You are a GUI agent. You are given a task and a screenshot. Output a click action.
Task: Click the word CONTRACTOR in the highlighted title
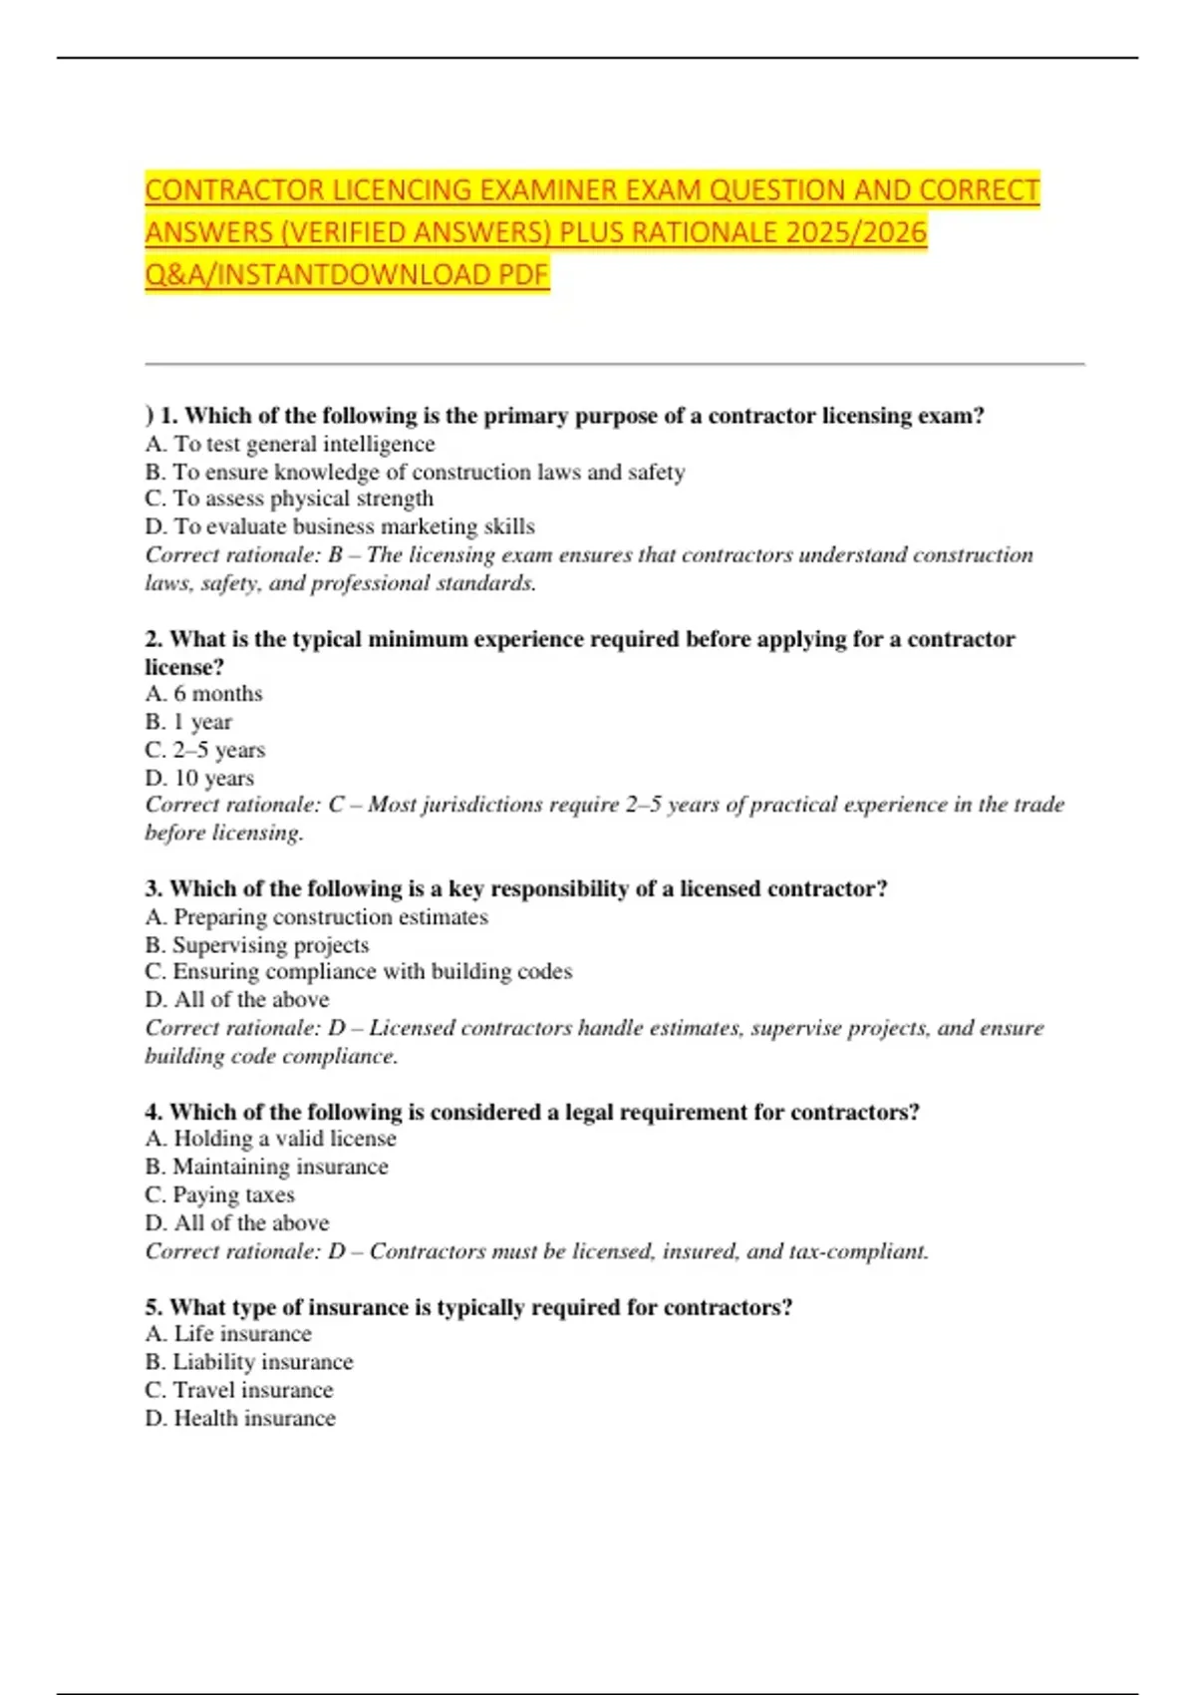tap(235, 189)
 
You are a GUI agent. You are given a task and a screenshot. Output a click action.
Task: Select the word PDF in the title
tap(523, 274)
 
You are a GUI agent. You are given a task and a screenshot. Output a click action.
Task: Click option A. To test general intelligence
tap(290, 444)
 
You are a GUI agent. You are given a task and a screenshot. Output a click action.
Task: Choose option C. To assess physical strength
tap(289, 499)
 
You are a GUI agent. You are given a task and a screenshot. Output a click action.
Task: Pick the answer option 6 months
tap(204, 693)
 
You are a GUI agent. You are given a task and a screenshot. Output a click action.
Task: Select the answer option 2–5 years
tap(205, 750)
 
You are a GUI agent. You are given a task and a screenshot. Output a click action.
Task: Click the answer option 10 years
tap(199, 778)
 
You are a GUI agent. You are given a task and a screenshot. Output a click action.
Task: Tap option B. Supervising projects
tap(257, 944)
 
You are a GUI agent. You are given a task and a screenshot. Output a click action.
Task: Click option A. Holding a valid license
tap(270, 1138)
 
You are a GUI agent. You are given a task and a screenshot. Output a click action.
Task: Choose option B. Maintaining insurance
tap(266, 1167)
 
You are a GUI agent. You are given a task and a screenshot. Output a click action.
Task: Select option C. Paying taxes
tap(220, 1194)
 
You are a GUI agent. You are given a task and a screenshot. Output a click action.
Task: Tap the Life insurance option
tap(228, 1333)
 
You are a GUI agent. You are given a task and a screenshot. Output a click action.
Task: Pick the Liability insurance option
tap(249, 1362)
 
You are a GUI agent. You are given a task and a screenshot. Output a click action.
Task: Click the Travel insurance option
tap(239, 1390)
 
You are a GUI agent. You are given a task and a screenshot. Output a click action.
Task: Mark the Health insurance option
tap(240, 1418)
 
